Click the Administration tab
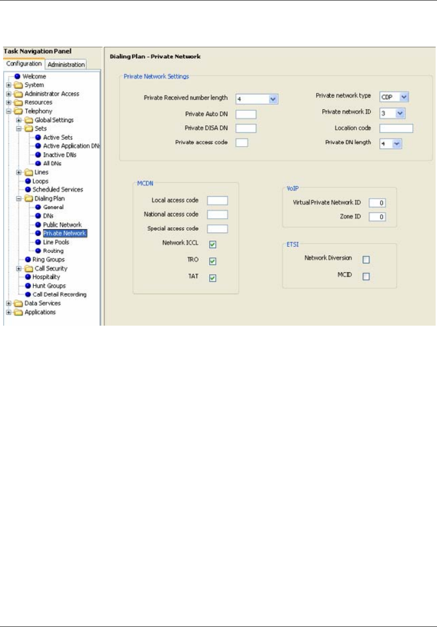[x=66, y=64]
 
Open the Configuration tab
[x=24, y=64]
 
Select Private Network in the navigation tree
[x=64, y=233]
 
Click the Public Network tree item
[x=62, y=225]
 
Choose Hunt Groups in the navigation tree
[x=49, y=285]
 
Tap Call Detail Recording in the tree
[x=59, y=294]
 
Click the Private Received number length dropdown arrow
[x=273, y=99]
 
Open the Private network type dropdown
[x=404, y=97]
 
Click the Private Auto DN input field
[x=246, y=114]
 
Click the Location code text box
[x=396, y=128]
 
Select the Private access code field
[x=241, y=142]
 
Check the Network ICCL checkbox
[x=212, y=244]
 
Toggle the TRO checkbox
[x=212, y=261]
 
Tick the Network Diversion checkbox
[x=366, y=260]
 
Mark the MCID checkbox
[x=366, y=277]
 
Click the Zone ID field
[x=377, y=217]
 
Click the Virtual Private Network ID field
[x=377, y=203]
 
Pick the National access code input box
[x=217, y=215]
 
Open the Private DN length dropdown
[x=396, y=144]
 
